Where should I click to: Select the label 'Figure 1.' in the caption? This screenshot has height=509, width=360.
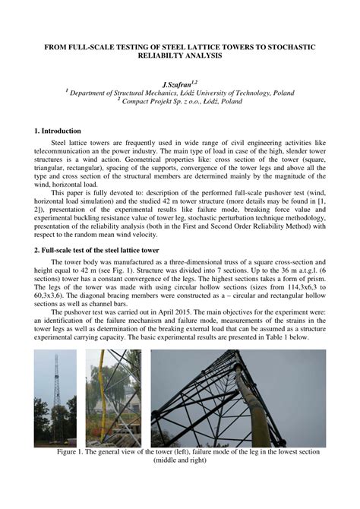[x=74, y=451]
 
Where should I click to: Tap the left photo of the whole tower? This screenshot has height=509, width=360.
[x=55, y=397]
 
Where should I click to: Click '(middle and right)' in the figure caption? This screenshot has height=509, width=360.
[x=180, y=460]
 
